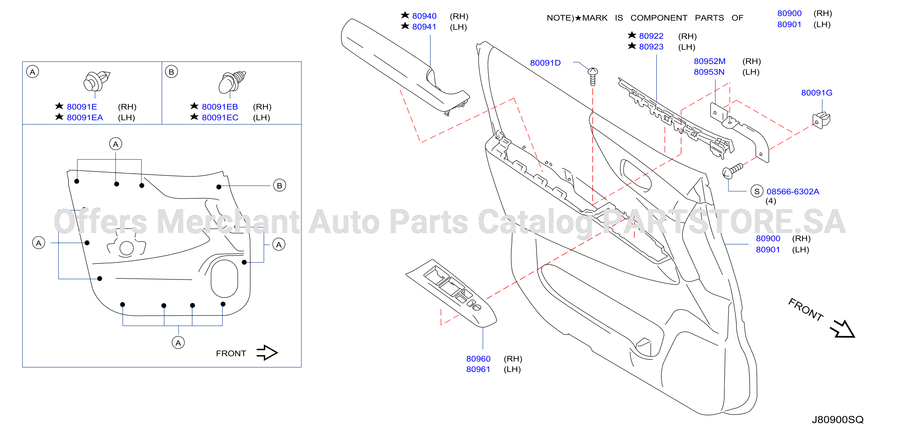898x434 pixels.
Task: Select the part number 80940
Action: point(424,16)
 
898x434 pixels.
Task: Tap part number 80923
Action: point(651,47)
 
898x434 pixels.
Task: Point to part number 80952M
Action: point(710,61)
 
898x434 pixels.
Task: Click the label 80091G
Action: point(816,93)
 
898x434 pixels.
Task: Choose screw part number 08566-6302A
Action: point(793,192)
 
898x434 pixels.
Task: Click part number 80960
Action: point(478,359)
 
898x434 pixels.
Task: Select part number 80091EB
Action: point(220,107)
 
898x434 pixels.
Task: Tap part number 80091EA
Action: point(85,118)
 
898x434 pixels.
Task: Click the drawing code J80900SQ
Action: point(838,420)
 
